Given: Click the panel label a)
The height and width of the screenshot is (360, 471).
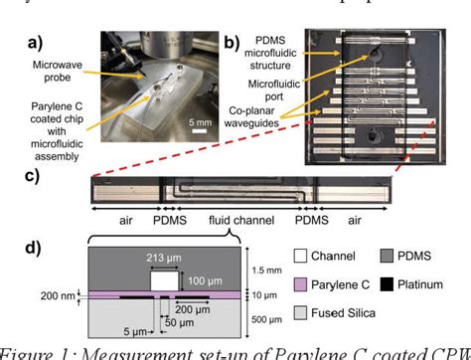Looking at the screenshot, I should [18, 45].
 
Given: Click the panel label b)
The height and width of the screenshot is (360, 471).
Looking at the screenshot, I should [230, 43].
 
